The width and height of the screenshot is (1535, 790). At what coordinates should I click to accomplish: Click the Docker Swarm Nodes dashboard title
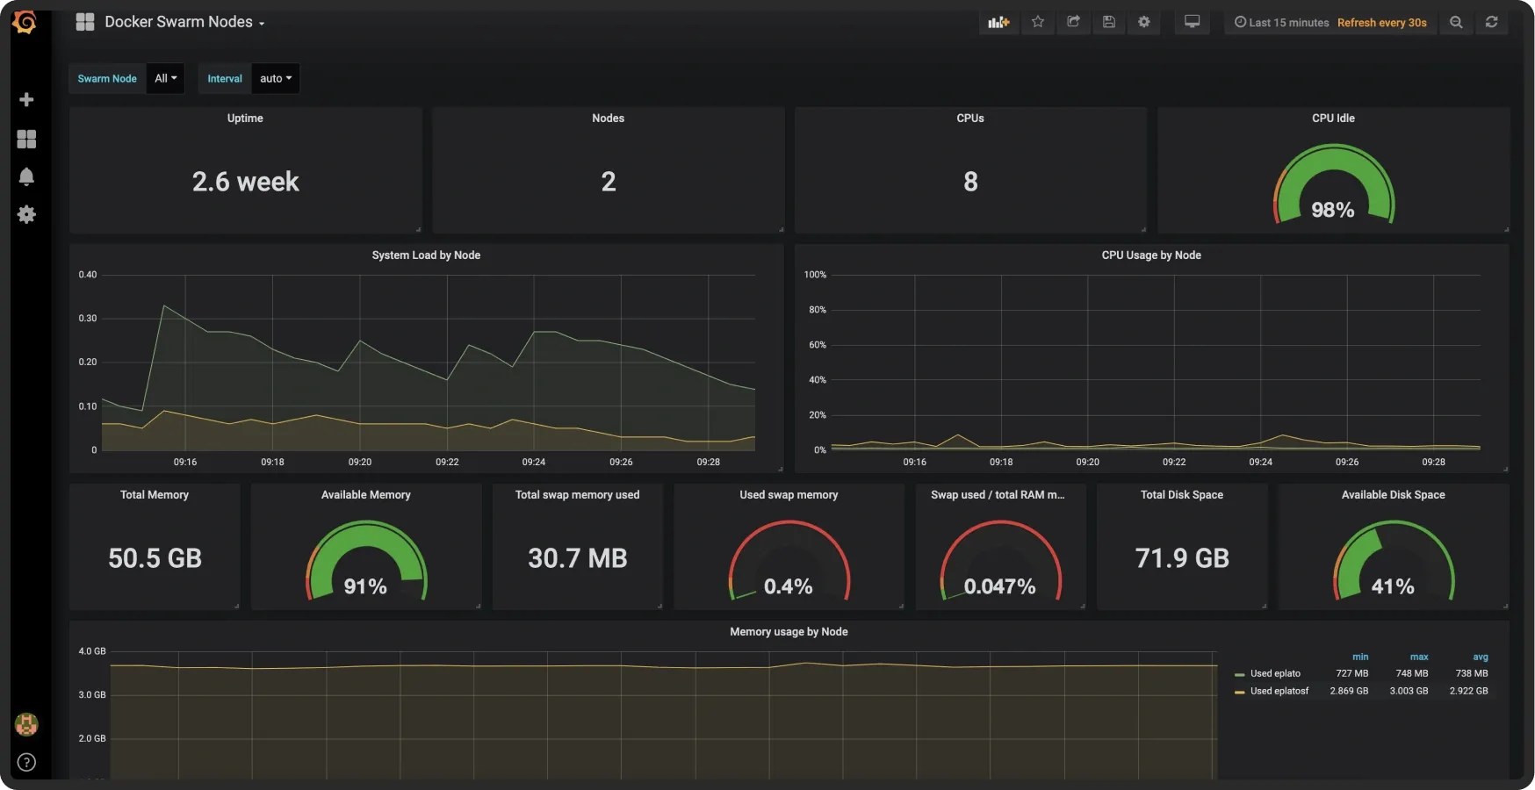click(x=178, y=22)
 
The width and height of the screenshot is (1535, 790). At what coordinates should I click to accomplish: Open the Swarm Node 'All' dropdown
click(x=166, y=78)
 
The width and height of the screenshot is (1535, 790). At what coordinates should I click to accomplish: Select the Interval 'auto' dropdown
click(x=276, y=78)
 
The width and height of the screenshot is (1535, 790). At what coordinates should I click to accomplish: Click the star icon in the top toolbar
click(x=1038, y=22)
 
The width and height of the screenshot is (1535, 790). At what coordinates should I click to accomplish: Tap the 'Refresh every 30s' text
click(x=1382, y=23)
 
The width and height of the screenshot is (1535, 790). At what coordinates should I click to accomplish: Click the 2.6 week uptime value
click(x=246, y=182)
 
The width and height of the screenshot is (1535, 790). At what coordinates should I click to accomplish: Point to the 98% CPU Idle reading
click(x=1333, y=210)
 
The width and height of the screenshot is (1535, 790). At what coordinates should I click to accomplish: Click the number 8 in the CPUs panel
click(x=970, y=182)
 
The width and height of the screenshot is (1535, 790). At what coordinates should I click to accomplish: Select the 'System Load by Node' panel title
click(x=426, y=255)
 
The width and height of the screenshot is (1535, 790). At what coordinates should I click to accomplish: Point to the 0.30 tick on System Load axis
click(x=88, y=319)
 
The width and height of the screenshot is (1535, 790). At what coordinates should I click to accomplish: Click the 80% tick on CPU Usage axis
click(x=818, y=310)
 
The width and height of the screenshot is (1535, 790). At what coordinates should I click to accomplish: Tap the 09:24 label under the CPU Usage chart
click(x=1260, y=462)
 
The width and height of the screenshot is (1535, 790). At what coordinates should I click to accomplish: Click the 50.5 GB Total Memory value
click(x=155, y=558)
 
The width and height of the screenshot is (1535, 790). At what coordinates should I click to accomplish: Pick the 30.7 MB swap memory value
click(x=578, y=558)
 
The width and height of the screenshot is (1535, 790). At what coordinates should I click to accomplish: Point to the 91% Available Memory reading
click(x=365, y=586)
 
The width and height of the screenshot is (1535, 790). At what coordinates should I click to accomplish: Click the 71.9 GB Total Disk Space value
click(x=1182, y=558)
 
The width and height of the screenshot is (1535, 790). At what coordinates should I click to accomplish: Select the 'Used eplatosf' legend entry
click(x=1279, y=691)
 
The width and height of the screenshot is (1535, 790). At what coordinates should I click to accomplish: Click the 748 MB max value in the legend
click(x=1412, y=673)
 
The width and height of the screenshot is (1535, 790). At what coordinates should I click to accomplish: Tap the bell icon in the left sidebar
click(x=26, y=176)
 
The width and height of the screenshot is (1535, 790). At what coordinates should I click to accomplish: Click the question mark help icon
click(x=26, y=762)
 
